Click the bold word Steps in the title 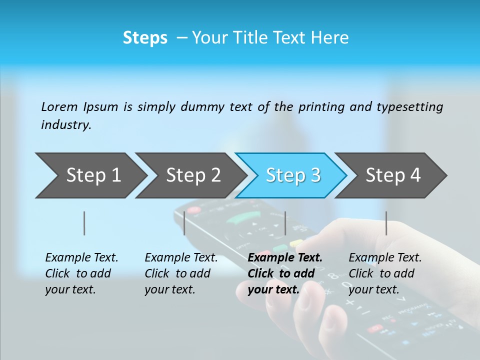(145, 38)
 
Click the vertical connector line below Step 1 (84, 223)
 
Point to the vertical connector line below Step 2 (184, 223)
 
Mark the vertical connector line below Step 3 (285, 223)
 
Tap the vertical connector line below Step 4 (386, 223)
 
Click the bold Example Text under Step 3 (285, 258)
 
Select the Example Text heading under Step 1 (81, 258)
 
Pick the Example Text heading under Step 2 (181, 258)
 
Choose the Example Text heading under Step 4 (385, 258)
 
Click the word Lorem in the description (59, 107)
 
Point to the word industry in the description (66, 125)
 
